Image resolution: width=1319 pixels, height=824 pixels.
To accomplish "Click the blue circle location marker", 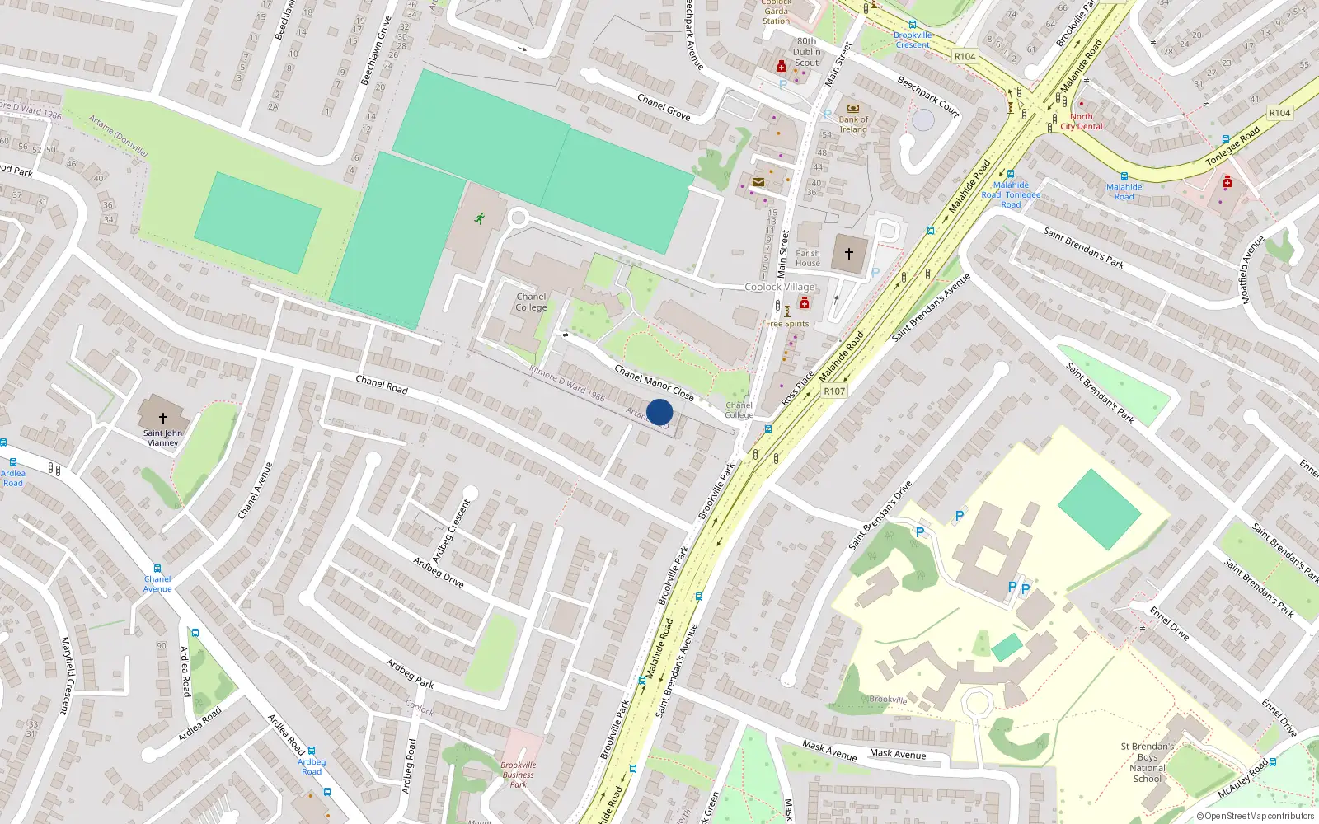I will point(659,412).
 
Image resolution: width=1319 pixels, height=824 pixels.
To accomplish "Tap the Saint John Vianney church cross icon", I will point(163,419).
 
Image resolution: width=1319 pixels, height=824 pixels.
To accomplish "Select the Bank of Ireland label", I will point(853,124).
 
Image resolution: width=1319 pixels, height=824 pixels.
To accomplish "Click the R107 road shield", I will point(834,391).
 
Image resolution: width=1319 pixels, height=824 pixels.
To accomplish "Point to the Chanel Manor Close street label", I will point(654,382).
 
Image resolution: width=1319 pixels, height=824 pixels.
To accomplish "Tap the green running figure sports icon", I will point(479,218).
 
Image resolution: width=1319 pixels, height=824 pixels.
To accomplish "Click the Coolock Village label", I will point(779,287).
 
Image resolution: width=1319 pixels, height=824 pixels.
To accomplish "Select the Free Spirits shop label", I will point(787,324).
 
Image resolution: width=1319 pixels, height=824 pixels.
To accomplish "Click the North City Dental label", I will point(1082,122).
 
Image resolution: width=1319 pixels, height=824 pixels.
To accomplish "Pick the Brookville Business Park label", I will point(518,775).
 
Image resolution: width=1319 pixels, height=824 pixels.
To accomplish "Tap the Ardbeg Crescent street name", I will point(452,530).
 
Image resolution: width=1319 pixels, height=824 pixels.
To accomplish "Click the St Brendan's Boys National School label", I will point(1148,762).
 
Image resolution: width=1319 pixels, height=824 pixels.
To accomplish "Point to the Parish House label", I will point(808,259).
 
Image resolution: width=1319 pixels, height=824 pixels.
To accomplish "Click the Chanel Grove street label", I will point(664,107).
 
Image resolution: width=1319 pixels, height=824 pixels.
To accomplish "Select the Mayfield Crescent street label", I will point(67,674).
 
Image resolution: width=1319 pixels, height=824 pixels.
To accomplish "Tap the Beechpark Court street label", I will point(928,96).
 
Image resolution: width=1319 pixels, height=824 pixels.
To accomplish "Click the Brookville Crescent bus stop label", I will point(913,40).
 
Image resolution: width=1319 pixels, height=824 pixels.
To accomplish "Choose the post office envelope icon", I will point(758,182).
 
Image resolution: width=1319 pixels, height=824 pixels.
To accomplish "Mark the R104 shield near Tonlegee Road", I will point(1279,113).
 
